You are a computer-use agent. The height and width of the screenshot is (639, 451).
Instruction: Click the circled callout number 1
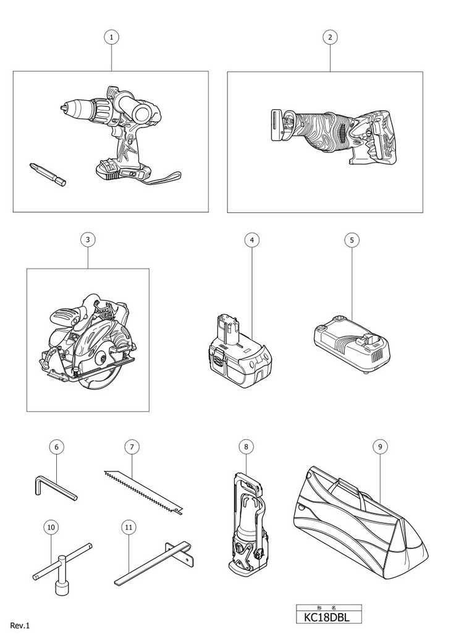click(111, 37)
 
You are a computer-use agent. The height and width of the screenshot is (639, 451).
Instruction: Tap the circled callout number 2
click(330, 37)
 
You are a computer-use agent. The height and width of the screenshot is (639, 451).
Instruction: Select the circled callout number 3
click(88, 239)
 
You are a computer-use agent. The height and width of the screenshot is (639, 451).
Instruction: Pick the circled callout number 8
click(246, 445)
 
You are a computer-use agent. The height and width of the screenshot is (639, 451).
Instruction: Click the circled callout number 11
click(129, 527)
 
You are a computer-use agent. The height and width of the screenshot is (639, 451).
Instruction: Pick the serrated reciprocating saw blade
click(143, 491)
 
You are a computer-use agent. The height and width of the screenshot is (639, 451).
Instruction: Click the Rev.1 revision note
click(20, 626)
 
